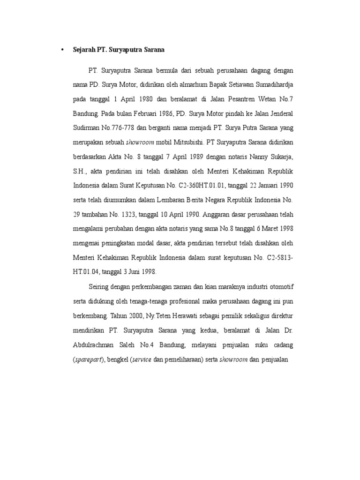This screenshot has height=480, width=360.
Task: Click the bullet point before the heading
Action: tap(62, 49)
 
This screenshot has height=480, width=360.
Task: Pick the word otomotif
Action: tap(276, 286)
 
